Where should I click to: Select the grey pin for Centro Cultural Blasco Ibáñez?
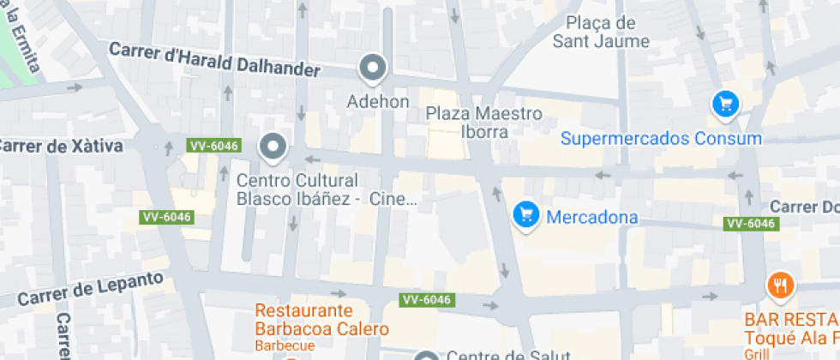pyautogui.click(x=273, y=147)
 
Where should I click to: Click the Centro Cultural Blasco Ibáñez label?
pyautogui.click(x=297, y=190)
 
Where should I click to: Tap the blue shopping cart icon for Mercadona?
pyautogui.click(x=525, y=214)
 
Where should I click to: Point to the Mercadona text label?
pyautogui.click(x=591, y=217)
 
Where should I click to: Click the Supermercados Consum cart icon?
pyautogui.click(x=726, y=105)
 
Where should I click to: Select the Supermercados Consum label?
pyautogui.click(x=661, y=139)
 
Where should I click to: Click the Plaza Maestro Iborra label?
pyautogui.click(x=484, y=122)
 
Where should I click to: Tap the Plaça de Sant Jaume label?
pyautogui.click(x=600, y=32)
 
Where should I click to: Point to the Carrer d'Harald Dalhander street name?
pyautogui.click(x=214, y=61)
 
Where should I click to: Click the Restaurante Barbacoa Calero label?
pyautogui.click(x=322, y=319)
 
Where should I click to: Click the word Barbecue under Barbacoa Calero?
pyautogui.click(x=285, y=345)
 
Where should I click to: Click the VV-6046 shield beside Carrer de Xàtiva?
pyautogui.click(x=213, y=146)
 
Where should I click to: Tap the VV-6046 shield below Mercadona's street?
pyautogui.click(x=750, y=224)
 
